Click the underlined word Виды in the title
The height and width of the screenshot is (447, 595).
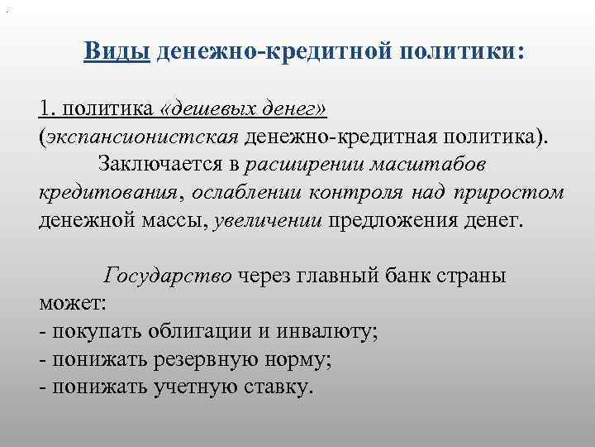(116, 52)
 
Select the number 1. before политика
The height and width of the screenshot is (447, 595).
(47, 108)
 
